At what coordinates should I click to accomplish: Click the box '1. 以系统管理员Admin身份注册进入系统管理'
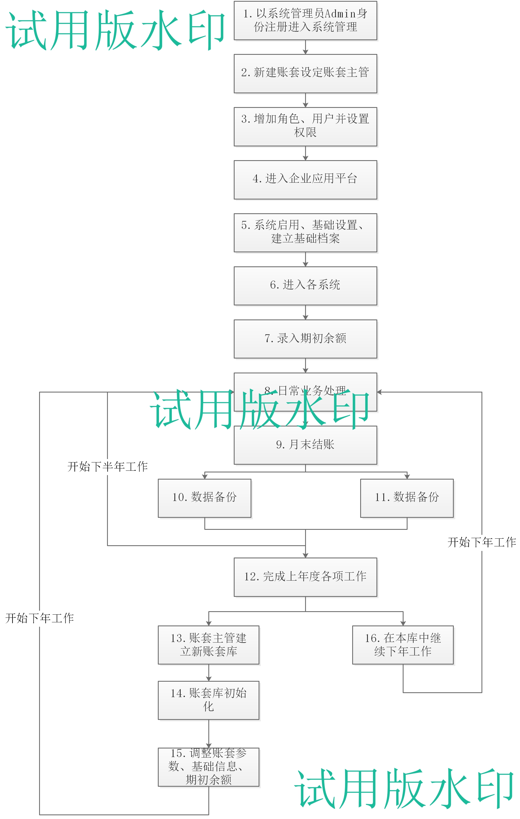(305, 20)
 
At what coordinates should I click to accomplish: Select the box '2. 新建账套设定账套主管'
(305, 73)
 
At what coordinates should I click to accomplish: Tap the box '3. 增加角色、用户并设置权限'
(305, 126)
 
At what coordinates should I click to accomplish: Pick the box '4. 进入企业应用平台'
(305, 180)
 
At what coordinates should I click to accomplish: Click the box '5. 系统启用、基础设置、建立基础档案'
(305, 233)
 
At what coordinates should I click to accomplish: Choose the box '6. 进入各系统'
(305, 286)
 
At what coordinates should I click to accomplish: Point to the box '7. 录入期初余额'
(305, 339)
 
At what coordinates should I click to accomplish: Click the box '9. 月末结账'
(305, 445)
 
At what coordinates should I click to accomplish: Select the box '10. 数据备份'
(204, 498)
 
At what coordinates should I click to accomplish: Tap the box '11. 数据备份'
(407, 498)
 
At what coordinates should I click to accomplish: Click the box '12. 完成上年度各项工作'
(305, 577)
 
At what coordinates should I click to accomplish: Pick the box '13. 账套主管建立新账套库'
(208, 645)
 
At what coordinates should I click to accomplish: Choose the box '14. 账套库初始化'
(208, 700)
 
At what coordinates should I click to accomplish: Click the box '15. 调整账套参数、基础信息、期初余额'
(208, 767)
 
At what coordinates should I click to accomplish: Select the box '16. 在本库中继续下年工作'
(403, 645)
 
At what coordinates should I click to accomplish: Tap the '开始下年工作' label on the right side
(481, 542)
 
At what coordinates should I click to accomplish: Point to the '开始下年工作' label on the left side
(39, 618)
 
